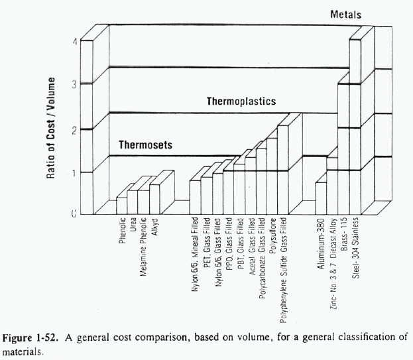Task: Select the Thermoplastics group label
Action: point(241,102)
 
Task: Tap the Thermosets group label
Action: point(145,145)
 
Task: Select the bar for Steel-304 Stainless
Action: point(355,126)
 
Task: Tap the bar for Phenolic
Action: point(121,206)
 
